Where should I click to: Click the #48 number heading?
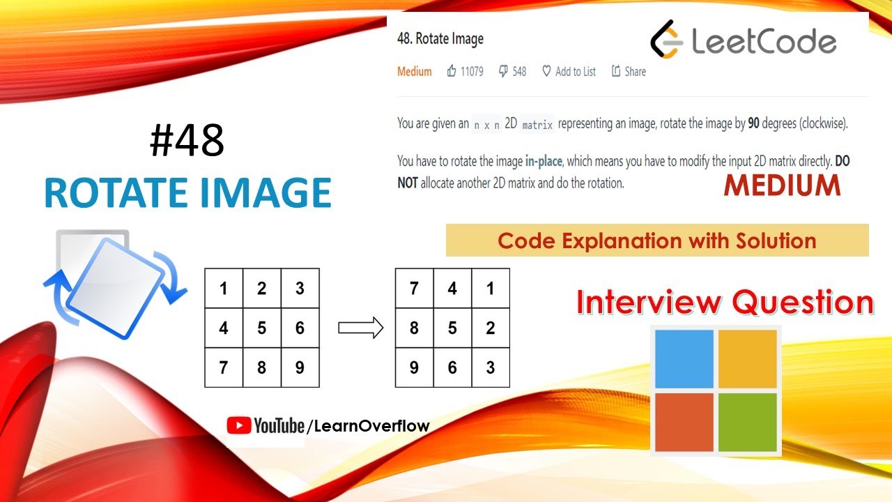click(x=187, y=142)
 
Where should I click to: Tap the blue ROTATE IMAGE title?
click(x=187, y=193)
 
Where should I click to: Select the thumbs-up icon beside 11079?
click(x=452, y=71)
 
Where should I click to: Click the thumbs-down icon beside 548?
click(x=503, y=71)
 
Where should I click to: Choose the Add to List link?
click(x=569, y=71)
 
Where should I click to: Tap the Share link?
click(x=629, y=71)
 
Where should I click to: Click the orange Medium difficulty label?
click(x=415, y=71)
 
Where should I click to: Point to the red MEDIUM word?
click(x=782, y=185)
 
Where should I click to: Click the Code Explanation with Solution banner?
click(x=656, y=241)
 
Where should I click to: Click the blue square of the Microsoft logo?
click(x=684, y=358)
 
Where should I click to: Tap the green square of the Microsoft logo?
click(x=747, y=422)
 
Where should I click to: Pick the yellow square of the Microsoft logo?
click(x=747, y=358)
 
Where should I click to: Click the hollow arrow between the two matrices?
click(x=360, y=328)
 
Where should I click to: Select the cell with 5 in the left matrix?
click(x=262, y=328)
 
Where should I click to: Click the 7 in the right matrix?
click(x=414, y=288)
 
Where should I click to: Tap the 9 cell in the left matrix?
click(x=300, y=367)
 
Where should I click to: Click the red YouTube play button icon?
click(x=239, y=425)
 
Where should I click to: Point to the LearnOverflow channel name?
click(x=372, y=425)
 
